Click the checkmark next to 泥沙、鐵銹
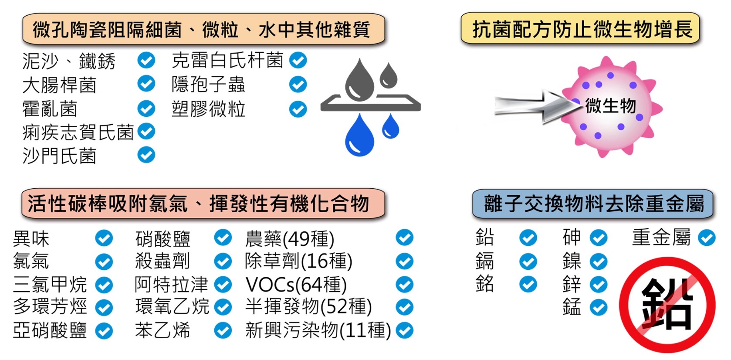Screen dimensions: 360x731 point(146,60)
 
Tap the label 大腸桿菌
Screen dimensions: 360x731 point(59,85)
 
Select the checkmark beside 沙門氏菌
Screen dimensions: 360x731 point(146,155)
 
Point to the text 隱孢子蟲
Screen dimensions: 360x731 point(208,85)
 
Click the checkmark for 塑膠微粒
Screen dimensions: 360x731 point(298,109)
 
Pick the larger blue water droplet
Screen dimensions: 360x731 point(359,136)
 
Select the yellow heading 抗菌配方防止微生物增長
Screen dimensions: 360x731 point(580,29)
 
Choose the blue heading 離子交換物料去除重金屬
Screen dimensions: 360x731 point(593,204)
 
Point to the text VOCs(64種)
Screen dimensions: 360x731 point(296,285)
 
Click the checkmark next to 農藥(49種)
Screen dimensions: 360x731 point(404,238)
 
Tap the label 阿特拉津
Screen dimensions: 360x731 point(171,285)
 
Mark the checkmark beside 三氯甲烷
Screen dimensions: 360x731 point(104,285)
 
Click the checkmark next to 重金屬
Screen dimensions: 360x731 point(707,238)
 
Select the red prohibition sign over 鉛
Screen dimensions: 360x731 point(667,305)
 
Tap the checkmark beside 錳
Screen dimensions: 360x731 point(599,307)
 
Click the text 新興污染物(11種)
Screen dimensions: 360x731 point(318,330)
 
